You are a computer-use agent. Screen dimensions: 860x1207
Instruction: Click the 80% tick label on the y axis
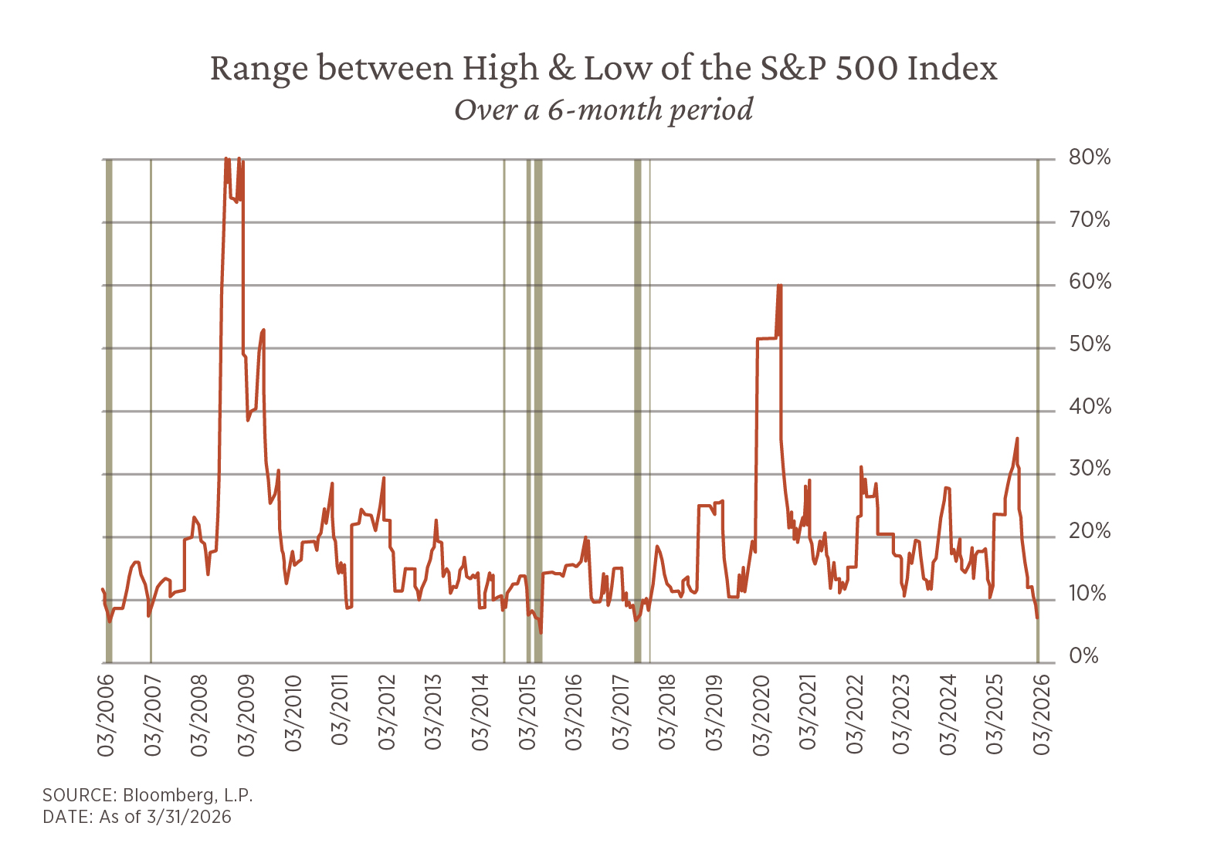1090,158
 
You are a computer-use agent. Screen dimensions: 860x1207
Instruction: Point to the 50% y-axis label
1090,345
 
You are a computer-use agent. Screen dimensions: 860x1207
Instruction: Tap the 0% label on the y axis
1083,657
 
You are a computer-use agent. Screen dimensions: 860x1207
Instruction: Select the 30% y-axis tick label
1090,469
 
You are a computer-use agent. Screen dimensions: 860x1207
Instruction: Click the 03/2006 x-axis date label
106,714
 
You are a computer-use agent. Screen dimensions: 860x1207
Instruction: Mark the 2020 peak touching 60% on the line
779,286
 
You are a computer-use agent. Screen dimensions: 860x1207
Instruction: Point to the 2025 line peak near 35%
1017,438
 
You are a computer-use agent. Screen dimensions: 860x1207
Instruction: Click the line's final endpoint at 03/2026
1038,618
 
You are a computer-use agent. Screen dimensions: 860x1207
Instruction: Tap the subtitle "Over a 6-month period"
603,110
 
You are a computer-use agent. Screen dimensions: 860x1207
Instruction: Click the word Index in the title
952,69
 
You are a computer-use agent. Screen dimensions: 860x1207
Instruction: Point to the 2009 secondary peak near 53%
263,330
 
